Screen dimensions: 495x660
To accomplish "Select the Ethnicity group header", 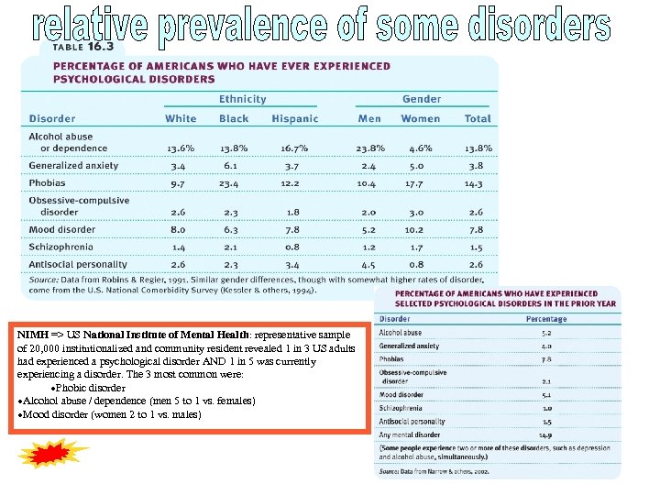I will [242, 99].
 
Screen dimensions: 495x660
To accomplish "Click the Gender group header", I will [421, 99].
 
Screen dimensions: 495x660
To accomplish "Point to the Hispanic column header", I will [295, 118].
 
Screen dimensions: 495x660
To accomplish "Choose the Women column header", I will [421, 118].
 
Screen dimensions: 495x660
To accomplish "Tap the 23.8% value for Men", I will [368, 148].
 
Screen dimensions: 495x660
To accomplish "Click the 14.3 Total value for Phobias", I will [473, 183].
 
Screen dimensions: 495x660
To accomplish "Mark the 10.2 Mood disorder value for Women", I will [414, 230].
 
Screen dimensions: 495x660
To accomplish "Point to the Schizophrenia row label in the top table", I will [60, 247].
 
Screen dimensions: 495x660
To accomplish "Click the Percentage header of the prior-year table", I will [544, 319].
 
